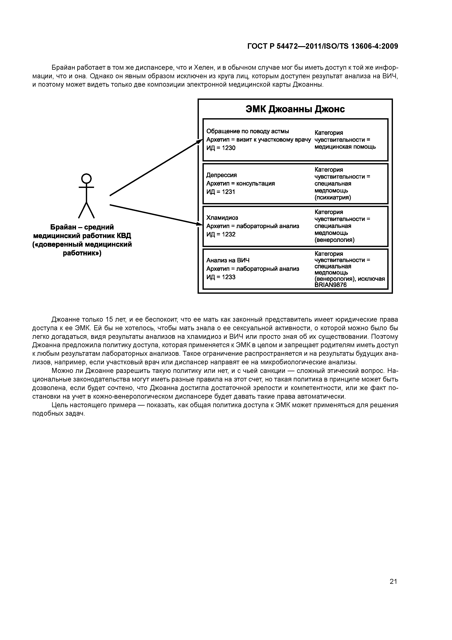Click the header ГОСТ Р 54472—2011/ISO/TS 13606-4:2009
pyautogui.click(x=322, y=46)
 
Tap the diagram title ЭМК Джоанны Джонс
pyautogui.click(x=295, y=109)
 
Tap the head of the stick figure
pyautogui.click(x=86, y=178)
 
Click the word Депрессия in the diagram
pyautogui.click(x=221, y=175)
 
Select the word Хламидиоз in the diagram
pyautogui.click(x=222, y=218)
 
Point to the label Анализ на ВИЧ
pyautogui.click(x=228, y=260)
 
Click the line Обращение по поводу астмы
pyautogui.click(x=247, y=131)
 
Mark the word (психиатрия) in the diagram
pyautogui.click(x=333, y=198)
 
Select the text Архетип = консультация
pyautogui.click(x=240, y=183)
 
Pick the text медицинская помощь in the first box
pyautogui.click(x=345, y=147)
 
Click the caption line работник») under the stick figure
pyautogui.click(x=82, y=253)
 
